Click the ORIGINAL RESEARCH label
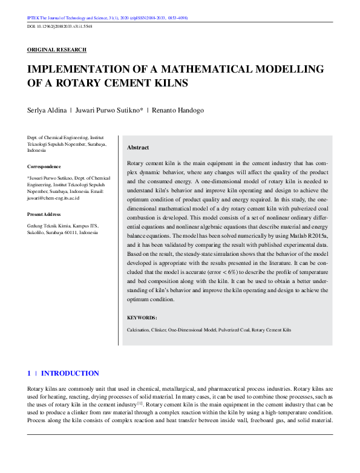click(x=57, y=50)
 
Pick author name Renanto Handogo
click(x=178, y=111)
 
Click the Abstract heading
click(x=138, y=148)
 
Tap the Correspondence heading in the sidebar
click(x=44, y=166)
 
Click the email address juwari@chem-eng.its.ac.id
click(x=53, y=198)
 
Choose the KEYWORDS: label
click(x=142, y=318)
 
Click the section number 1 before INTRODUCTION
click(x=29, y=373)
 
